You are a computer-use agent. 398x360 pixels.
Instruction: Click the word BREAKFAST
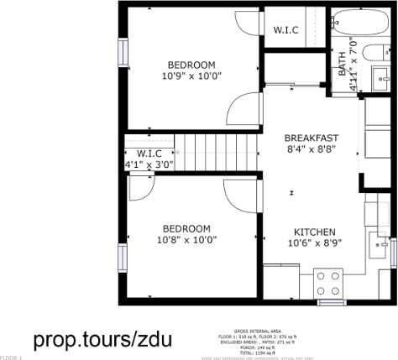311,138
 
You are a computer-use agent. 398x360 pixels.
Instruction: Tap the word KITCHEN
315,232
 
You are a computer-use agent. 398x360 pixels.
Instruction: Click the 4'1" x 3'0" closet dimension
149,164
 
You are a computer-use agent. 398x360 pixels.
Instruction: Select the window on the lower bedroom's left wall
123,253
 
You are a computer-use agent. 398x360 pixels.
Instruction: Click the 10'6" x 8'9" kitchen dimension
315,244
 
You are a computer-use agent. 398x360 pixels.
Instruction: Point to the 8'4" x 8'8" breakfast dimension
311,149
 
